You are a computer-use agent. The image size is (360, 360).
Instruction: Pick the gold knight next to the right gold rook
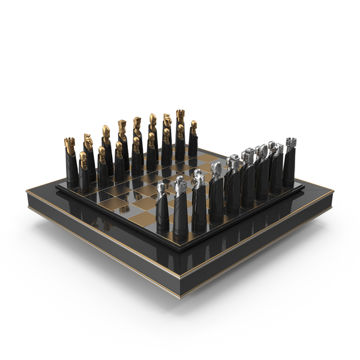[x=167, y=131]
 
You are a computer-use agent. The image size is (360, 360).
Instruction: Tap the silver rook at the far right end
[x=290, y=159]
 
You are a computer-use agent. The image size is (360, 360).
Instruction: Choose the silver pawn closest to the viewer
[x=162, y=207]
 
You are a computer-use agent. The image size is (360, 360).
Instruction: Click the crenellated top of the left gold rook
[x=70, y=143]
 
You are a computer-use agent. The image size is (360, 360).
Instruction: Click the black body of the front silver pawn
[x=162, y=216]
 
